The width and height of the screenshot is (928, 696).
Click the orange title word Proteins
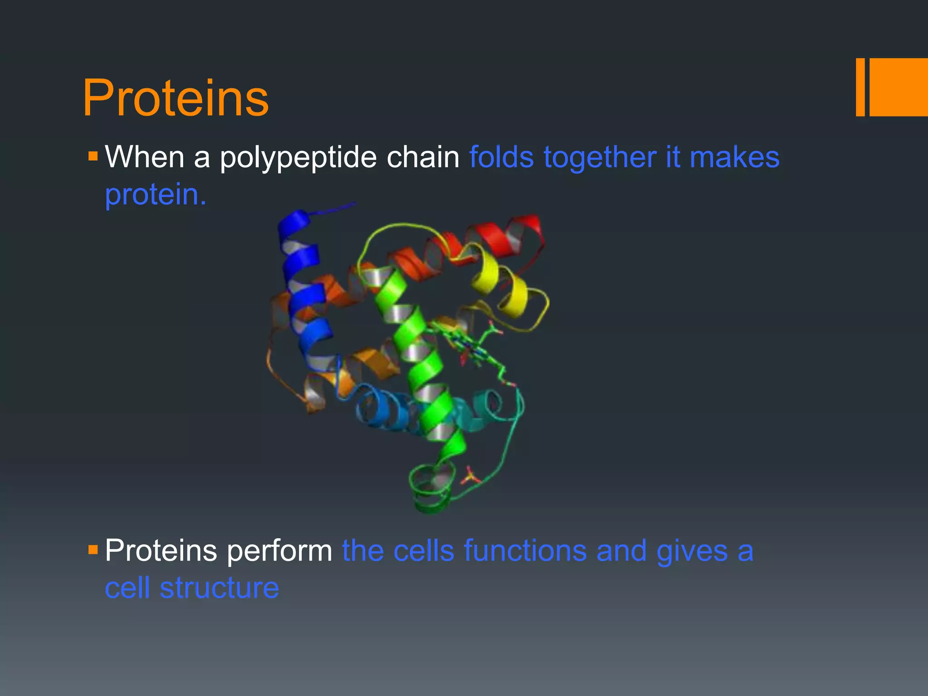pyautogui.click(x=176, y=98)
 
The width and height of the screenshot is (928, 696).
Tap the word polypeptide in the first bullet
pyautogui.click(x=298, y=158)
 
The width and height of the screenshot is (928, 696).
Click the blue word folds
pyautogui.click(x=501, y=157)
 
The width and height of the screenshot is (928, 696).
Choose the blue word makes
pyautogui.click(x=734, y=157)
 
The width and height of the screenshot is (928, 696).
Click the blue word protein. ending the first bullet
pyautogui.click(x=155, y=195)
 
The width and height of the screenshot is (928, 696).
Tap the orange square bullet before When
pyautogui.click(x=93, y=157)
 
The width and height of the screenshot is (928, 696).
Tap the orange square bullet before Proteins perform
pyautogui.click(x=93, y=550)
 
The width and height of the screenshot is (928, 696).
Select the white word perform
pyautogui.click(x=280, y=551)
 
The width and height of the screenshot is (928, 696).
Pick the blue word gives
pyautogui.click(x=691, y=551)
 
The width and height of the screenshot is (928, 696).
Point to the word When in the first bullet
pyautogui.click(x=145, y=157)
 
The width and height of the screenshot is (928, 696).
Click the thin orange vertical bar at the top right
pyautogui.click(x=860, y=87)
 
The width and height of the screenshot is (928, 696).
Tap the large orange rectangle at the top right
pyautogui.click(x=899, y=87)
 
